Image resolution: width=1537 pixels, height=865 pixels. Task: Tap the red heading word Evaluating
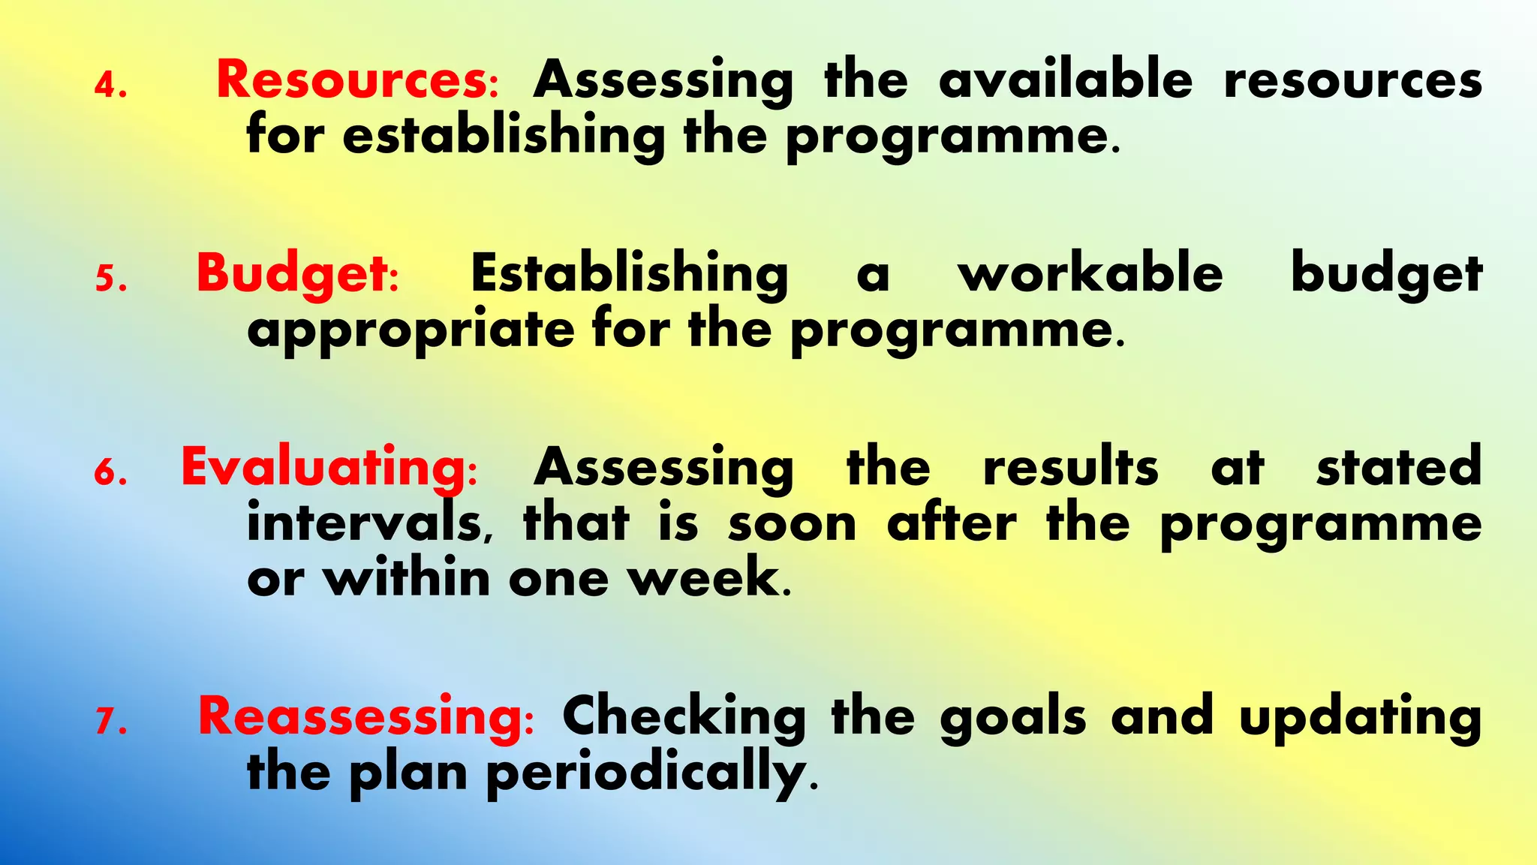(324, 467)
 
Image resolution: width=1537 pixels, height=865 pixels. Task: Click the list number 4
(110, 86)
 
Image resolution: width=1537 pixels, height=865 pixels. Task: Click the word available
(1066, 80)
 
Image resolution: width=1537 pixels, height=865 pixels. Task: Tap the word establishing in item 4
(504, 136)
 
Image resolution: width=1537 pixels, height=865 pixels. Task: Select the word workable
(1090, 273)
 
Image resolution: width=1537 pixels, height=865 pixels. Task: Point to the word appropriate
(411, 330)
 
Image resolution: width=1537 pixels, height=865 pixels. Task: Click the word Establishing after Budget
(629, 273)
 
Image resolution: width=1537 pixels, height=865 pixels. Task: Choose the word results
(1070, 467)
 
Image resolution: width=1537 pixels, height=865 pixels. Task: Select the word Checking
(684, 716)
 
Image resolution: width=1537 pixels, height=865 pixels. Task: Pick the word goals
(1012, 716)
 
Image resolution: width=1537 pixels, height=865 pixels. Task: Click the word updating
(1360, 716)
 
